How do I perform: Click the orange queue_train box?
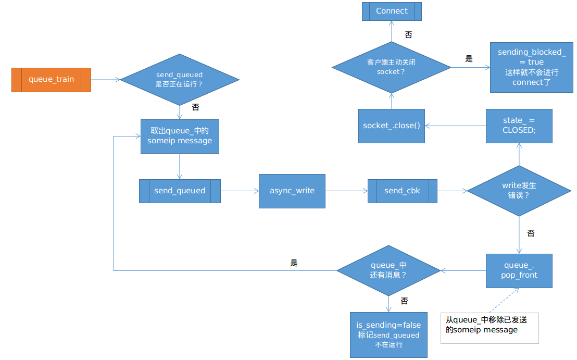click(51, 80)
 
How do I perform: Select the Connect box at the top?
click(392, 11)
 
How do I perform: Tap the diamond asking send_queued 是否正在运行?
click(179, 80)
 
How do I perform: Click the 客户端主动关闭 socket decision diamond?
click(391, 67)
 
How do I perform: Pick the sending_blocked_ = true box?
click(531, 67)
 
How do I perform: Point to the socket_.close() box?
click(392, 126)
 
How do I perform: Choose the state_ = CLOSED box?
click(519, 126)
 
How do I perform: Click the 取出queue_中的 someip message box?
click(180, 136)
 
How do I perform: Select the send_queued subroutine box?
click(180, 191)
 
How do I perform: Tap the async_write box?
click(292, 191)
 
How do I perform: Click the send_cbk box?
click(402, 191)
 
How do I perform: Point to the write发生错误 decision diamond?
click(519, 191)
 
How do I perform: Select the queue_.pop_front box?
click(519, 270)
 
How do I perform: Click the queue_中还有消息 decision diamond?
click(388, 270)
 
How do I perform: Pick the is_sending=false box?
click(388, 334)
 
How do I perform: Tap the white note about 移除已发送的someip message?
click(489, 328)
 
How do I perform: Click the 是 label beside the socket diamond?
click(469, 59)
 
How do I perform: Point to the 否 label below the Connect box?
click(408, 34)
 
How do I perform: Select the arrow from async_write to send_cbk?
click(346, 191)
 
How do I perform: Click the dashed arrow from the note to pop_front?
click(502, 300)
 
